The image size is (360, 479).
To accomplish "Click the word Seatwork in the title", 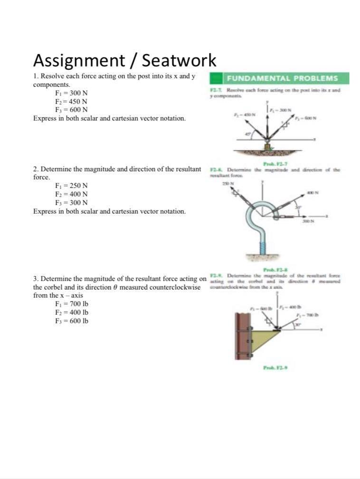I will pyautogui.click(x=179, y=60).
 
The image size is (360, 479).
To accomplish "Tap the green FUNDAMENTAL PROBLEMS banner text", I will pyautogui.click(x=282, y=78).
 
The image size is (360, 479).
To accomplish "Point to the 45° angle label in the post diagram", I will pyautogui.click(x=247, y=135).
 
